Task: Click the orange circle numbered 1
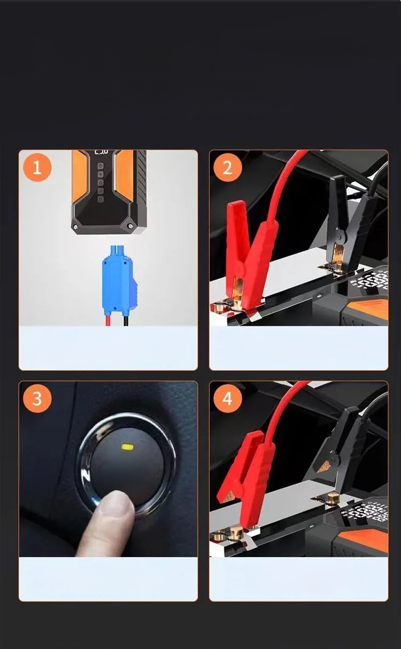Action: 37,167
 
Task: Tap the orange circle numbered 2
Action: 227,167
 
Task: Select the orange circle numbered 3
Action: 37,398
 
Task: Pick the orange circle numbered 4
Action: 227,398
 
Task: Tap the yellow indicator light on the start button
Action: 127,446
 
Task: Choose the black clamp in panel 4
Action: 339,452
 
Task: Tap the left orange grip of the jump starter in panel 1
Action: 80,175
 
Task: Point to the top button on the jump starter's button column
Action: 101,166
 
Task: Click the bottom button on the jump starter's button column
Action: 101,199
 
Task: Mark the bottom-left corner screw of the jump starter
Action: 75,227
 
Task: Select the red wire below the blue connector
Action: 108,320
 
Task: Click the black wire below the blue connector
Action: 127,320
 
